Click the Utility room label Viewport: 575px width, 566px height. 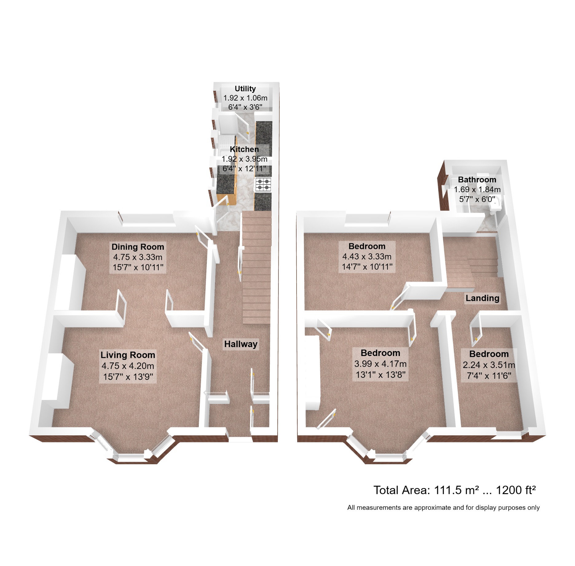click(245, 89)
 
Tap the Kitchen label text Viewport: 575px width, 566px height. click(244, 149)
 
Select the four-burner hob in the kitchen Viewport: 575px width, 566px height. click(263, 184)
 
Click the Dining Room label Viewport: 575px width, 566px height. click(138, 247)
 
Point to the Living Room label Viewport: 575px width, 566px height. click(128, 355)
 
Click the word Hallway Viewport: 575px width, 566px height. click(241, 344)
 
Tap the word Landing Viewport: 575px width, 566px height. click(482, 298)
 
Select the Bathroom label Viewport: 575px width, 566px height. click(477, 180)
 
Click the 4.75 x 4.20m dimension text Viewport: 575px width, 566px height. click(128, 366)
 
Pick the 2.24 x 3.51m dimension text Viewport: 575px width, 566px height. click(489, 365)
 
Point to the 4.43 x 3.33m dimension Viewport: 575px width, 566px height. click(367, 256)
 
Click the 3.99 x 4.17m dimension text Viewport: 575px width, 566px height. click(380, 364)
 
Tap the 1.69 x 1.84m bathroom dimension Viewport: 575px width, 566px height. click(477, 189)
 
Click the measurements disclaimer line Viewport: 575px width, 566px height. click(443, 508)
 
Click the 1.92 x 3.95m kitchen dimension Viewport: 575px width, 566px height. click(244, 159)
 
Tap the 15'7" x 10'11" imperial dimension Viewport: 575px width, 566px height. click(138, 267)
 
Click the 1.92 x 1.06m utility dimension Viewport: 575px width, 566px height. click(245, 98)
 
